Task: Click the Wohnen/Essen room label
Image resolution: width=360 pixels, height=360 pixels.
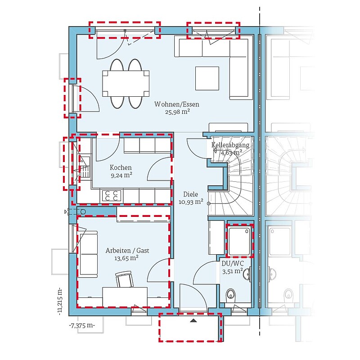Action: pos(176,104)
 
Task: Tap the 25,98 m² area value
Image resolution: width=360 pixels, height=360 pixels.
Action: pos(177,112)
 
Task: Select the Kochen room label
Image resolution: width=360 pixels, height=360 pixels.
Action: pos(121,167)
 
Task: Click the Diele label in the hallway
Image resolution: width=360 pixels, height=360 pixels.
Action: pos(190,194)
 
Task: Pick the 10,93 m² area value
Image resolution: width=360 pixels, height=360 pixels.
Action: pos(191,202)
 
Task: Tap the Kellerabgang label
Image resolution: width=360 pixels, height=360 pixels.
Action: pos(230,145)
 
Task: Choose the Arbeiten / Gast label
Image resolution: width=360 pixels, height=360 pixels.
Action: pos(127,251)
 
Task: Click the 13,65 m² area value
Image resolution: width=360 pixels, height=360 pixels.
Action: pos(126,258)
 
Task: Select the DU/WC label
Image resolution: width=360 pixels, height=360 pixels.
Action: pos(233,263)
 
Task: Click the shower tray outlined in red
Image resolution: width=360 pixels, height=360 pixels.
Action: pos(239,241)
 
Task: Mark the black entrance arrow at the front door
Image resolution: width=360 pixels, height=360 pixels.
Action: pos(194,320)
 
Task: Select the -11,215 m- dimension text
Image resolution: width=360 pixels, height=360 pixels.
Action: pos(60,301)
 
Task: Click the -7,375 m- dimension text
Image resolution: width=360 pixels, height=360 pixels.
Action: pos(82,325)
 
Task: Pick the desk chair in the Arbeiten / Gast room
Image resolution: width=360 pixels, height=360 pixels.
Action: pos(125,279)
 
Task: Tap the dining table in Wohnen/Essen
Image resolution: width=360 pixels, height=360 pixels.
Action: pos(126,83)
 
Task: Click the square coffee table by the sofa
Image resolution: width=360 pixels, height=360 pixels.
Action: pos(207,78)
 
